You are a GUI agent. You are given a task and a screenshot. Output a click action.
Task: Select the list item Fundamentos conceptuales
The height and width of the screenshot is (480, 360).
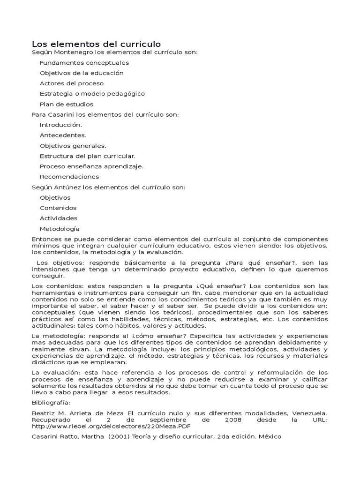(84, 63)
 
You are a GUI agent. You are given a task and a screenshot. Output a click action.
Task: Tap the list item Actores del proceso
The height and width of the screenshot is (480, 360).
(72, 83)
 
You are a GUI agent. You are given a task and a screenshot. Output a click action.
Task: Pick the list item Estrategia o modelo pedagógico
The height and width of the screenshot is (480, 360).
(92, 94)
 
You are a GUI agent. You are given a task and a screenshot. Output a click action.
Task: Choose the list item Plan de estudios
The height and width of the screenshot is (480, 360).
(67, 104)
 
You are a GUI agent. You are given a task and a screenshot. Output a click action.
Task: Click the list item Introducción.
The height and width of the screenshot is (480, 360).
(61, 125)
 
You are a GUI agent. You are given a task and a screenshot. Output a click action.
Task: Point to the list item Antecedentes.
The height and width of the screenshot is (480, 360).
(63, 135)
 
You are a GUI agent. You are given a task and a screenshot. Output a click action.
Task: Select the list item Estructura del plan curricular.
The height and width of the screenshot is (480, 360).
(88, 156)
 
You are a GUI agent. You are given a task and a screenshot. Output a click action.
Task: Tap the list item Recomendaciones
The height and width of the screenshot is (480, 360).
(69, 177)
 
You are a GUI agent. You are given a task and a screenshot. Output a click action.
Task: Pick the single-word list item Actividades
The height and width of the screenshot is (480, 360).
(59, 218)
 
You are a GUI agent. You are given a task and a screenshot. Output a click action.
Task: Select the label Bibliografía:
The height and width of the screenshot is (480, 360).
(51, 403)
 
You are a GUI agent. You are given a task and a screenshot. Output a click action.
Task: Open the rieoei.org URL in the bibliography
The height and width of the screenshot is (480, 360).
(112, 427)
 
